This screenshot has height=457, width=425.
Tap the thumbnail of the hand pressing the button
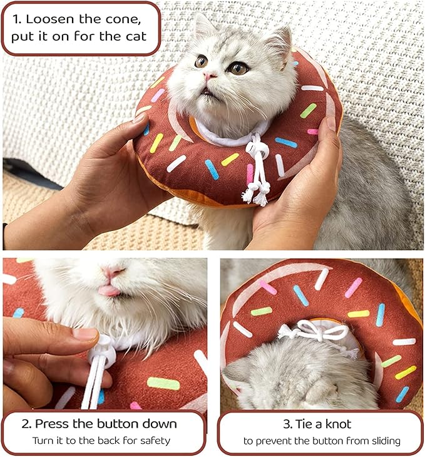(x=86, y=334)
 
